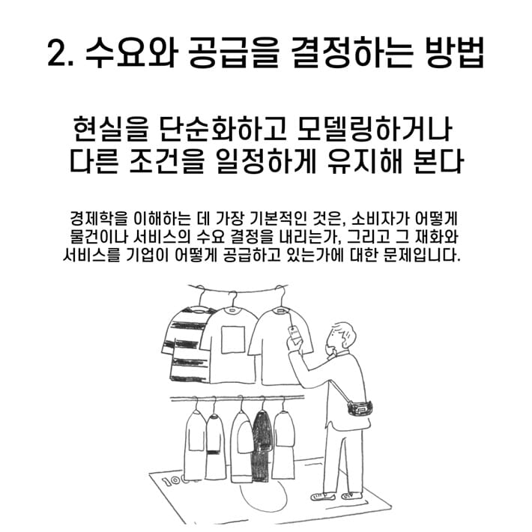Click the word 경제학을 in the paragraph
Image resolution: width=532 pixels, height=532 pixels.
(95, 220)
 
